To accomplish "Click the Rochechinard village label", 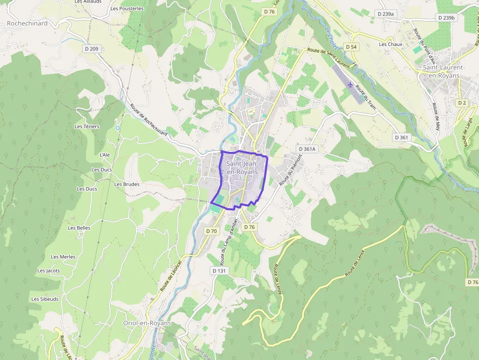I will pyautogui.click(x=27, y=23).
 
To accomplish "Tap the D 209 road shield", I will pyautogui.click(x=91, y=48).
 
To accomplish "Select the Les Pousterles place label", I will pyautogui.click(x=127, y=8).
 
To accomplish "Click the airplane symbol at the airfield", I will pyautogui.click(x=350, y=85).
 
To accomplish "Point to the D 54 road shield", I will pyautogui.click(x=351, y=46).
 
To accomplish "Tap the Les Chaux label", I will pyautogui.click(x=391, y=44).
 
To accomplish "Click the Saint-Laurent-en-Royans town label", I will pyautogui.click(x=444, y=71).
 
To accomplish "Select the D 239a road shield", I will pyautogui.click(x=386, y=14).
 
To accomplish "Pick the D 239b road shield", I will pyautogui.click(x=447, y=18).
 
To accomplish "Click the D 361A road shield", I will pyautogui.click(x=307, y=149).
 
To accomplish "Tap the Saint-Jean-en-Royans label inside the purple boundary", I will pyautogui.click(x=242, y=169).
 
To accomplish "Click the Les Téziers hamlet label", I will pyautogui.click(x=87, y=127).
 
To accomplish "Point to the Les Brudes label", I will pyautogui.click(x=127, y=184).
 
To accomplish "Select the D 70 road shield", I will pyautogui.click(x=211, y=231).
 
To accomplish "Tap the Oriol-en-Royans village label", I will pyautogui.click(x=147, y=323).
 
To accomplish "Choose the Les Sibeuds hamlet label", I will pyautogui.click(x=45, y=299).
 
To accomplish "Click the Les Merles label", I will pyautogui.click(x=63, y=257).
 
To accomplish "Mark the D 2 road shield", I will pyautogui.click(x=462, y=103).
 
